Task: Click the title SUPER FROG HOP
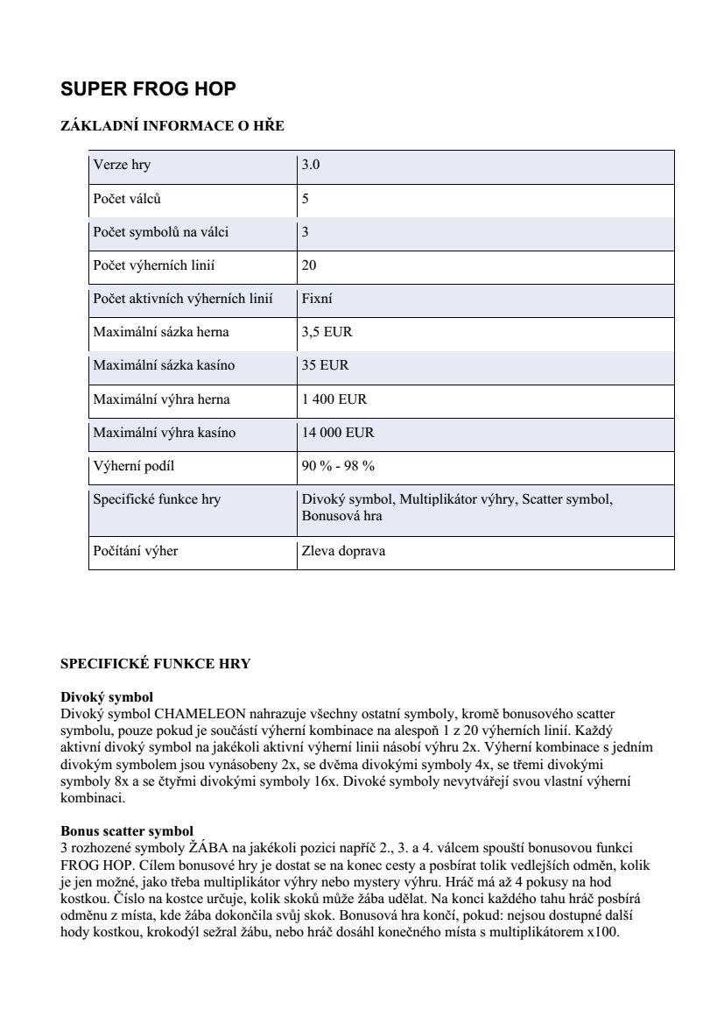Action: click(148, 89)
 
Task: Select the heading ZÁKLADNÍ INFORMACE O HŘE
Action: click(172, 126)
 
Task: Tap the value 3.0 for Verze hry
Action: click(311, 165)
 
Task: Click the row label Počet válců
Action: click(127, 199)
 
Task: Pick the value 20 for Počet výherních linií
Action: click(309, 265)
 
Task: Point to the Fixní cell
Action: click(316, 299)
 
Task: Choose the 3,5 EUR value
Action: click(327, 332)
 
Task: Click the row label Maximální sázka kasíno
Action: click(164, 365)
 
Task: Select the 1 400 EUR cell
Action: click(334, 399)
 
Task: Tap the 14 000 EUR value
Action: click(337, 433)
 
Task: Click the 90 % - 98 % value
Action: click(338, 466)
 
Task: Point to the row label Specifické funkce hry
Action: click(157, 499)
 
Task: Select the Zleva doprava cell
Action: click(343, 551)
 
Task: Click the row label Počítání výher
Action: click(135, 551)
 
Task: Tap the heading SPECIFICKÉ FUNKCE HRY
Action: click(155, 664)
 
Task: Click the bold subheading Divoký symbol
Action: click(107, 697)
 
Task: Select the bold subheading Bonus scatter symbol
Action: click(127, 830)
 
